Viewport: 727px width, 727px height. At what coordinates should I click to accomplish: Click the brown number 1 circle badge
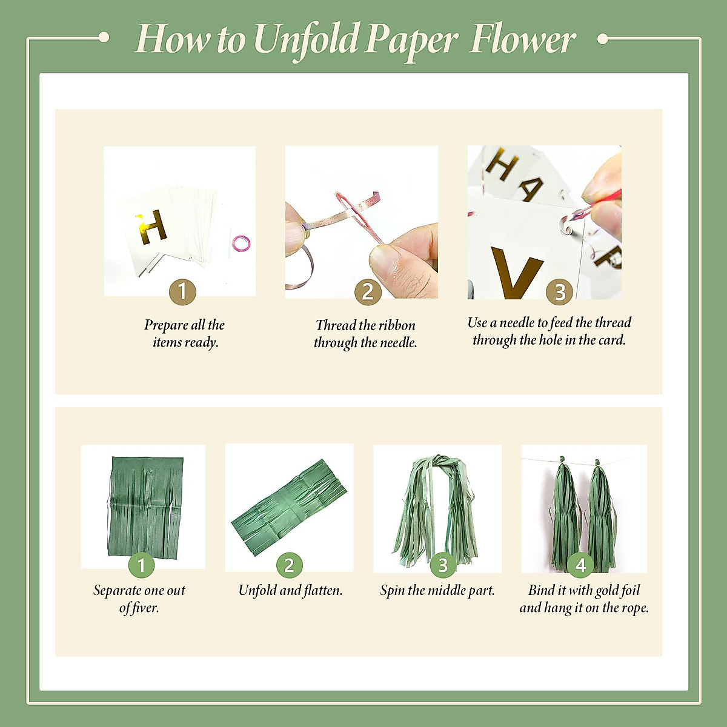[x=182, y=292]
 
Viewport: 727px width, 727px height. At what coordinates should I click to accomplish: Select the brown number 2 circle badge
[x=368, y=292]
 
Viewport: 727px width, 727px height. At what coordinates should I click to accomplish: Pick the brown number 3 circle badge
[x=560, y=292]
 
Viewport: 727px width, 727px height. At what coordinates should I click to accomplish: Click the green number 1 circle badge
[x=142, y=565]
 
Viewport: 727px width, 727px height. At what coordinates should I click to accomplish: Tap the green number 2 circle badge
[x=289, y=565]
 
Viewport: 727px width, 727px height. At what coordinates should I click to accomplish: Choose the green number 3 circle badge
[x=443, y=565]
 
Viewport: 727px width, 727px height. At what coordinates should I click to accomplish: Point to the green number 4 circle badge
[x=580, y=565]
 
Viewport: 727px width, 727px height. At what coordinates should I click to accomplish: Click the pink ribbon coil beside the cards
[x=241, y=243]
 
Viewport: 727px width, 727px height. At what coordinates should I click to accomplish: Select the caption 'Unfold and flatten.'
[x=290, y=590]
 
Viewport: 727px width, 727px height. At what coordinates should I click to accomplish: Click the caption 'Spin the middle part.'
[x=437, y=590]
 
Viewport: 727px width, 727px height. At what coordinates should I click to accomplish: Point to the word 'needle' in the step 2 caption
[x=397, y=343]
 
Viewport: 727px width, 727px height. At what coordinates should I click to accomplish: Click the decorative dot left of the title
[x=104, y=38]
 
